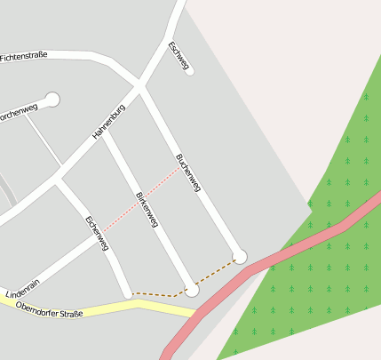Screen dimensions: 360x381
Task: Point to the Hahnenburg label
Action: (109, 122)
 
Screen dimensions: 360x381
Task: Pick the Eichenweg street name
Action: (97, 232)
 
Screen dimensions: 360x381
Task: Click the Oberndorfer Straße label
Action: (50, 313)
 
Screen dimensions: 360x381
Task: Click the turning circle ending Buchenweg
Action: (239, 257)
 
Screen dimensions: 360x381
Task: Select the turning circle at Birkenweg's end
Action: (192, 290)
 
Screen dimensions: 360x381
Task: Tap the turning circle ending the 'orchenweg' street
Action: (52, 100)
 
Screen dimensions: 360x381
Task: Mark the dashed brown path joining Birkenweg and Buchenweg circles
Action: (216, 274)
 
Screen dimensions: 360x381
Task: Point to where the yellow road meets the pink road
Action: (193, 313)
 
